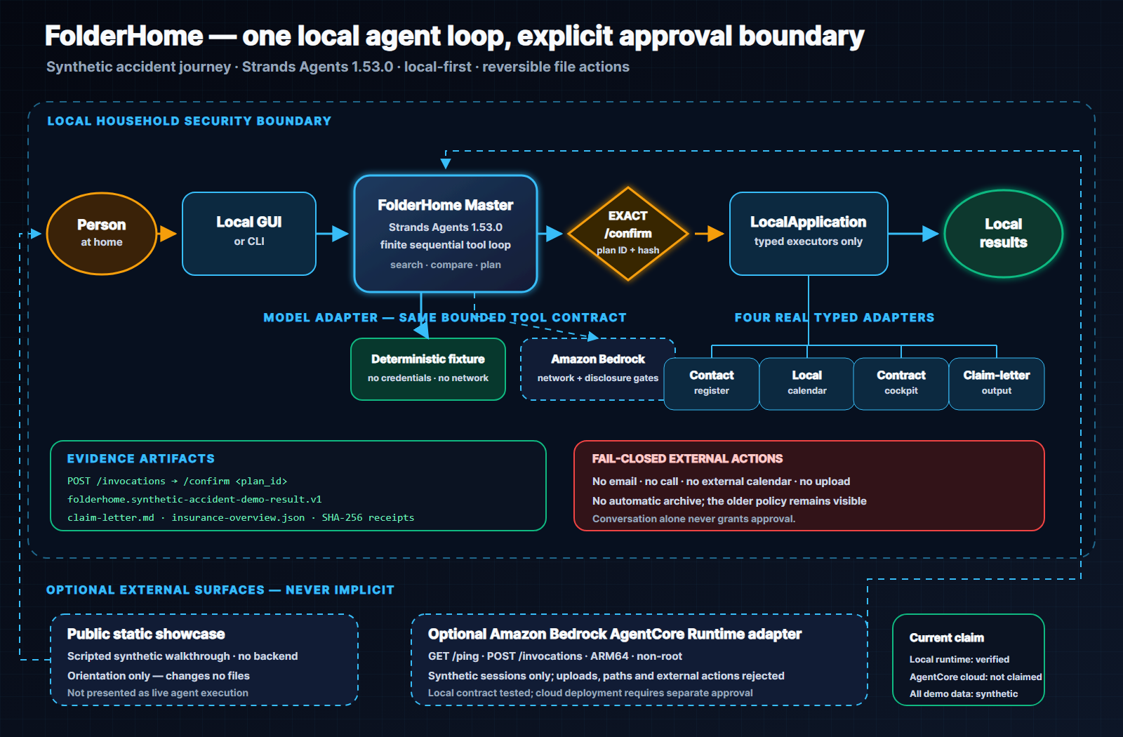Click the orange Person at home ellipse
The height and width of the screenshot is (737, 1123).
(102, 234)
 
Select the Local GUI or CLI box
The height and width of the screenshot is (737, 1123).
(249, 234)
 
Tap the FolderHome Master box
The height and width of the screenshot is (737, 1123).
(446, 234)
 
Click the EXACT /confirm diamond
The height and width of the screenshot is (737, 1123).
(627, 234)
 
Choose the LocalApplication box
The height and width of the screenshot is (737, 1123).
(809, 234)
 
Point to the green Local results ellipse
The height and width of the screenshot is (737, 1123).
(1003, 234)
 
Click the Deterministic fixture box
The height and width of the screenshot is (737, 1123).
(428, 369)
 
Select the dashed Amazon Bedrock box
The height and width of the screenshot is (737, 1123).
(597, 369)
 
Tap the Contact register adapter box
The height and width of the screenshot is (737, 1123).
(712, 383)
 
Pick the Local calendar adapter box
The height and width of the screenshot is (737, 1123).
(806, 383)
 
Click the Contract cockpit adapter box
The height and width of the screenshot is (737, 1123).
(901, 383)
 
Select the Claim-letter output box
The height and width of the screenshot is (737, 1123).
(996, 383)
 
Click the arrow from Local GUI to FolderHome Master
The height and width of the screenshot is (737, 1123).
(333, 234)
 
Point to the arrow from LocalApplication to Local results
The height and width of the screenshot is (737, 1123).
(913, 234)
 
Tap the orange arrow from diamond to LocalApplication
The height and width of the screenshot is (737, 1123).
(710, 234)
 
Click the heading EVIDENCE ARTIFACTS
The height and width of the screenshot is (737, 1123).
(141, 459)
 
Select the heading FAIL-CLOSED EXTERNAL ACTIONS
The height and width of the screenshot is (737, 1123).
(687, 459)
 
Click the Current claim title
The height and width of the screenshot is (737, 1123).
(947, 638)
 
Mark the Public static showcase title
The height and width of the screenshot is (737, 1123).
(146, 635)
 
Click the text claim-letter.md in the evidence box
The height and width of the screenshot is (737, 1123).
(111, 517)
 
